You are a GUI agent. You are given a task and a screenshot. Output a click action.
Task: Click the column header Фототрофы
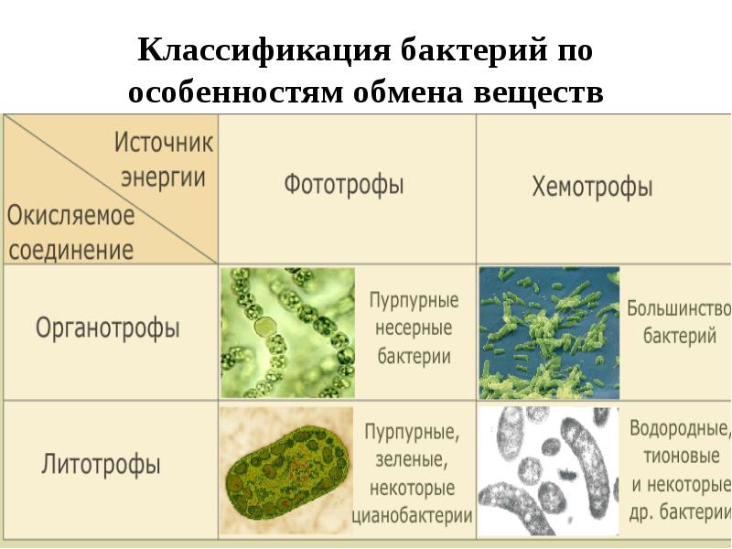(343, 185)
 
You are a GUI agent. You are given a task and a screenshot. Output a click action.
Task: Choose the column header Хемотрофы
(592, 188)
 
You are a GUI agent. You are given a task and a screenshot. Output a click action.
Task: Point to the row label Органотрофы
(107, 328)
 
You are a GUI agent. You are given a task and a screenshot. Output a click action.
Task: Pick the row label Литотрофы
(101, 464)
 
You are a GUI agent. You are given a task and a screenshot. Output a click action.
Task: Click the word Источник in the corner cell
(163, 143)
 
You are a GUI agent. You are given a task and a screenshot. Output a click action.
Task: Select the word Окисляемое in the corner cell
(71, 216)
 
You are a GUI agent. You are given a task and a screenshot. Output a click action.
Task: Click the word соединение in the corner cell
(71, 249)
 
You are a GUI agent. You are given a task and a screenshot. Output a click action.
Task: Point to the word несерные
(414, 328)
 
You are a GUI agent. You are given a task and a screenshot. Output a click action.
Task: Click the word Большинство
(679, 308)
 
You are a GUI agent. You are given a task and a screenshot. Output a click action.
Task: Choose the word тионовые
(673, 456)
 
